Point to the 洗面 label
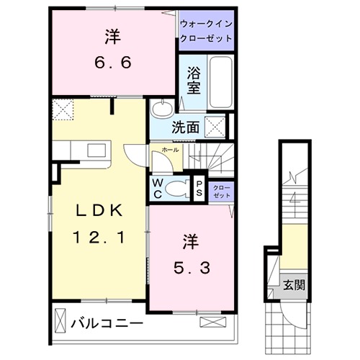(x=185, y=127)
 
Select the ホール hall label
(x=171, y=150)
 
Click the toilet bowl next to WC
(x=175, y=189)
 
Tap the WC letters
(x=157, y=189)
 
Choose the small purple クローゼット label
(x=221, y=190)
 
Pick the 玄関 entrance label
(x=294, y=284)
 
